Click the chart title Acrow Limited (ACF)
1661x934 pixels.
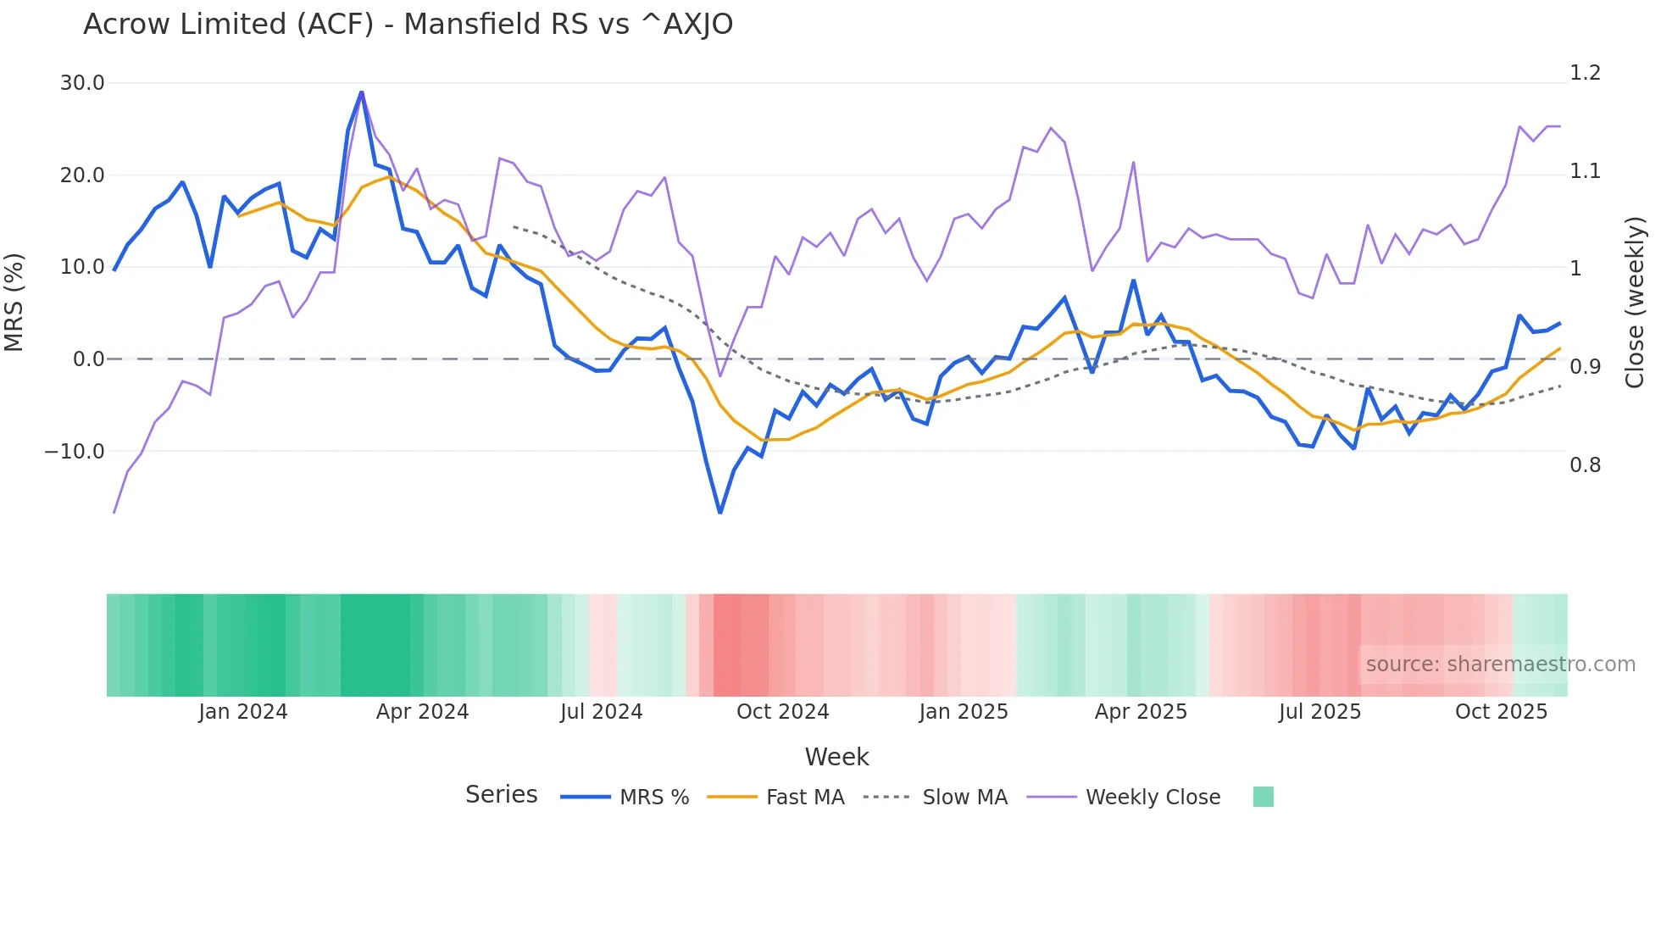[408, 25]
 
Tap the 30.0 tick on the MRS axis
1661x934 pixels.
[82, 83]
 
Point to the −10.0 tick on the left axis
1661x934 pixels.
[75, 452]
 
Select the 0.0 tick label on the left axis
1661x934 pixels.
[88, 359]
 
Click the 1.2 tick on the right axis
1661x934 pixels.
[1585, 73]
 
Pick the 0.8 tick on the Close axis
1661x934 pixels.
[1585, 465]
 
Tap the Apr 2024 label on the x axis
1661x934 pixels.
[422, 712]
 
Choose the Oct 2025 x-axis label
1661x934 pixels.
[1501, 712]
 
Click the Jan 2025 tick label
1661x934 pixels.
[964, 712]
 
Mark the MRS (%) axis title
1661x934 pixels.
[14, 302]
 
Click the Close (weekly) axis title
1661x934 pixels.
[1635, 302]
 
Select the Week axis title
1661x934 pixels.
[836, 757]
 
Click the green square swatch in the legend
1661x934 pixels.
[1263, 797]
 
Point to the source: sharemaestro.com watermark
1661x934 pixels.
[1500, 664]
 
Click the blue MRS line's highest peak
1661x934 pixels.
[362, 92]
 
